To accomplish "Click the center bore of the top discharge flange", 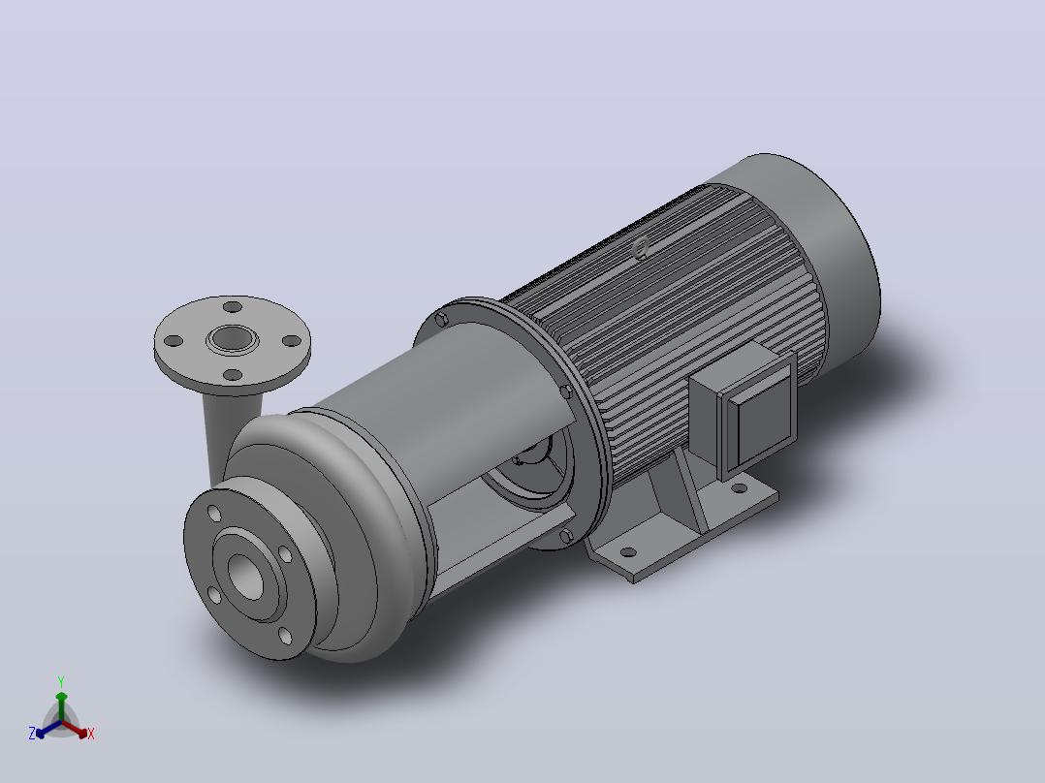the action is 233,339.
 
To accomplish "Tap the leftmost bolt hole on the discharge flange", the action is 174,341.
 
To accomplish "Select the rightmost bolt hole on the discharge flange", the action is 292,341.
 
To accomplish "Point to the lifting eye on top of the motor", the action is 641,248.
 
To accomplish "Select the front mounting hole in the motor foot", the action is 628,552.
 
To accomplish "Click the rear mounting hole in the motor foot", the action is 739,488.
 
